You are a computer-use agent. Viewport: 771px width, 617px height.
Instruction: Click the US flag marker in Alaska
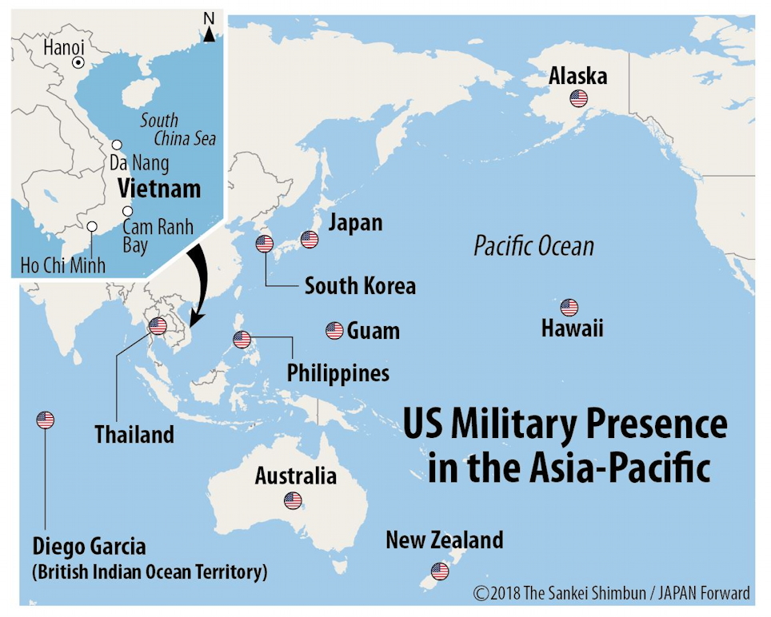tap(578, 99)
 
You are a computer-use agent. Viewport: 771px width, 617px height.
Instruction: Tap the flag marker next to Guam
tap(334, 331)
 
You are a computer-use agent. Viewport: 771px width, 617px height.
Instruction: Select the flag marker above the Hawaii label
tap(569, 308)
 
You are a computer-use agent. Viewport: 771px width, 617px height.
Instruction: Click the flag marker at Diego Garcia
tap(46, 420)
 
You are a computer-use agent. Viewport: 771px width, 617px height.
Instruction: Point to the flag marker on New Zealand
tap(440, 571)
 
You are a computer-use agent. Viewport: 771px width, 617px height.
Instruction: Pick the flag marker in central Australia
tap(293, 501)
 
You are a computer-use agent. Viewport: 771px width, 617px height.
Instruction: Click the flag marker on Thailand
tap(158, 325)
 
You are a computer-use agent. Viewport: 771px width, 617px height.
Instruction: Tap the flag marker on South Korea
tap(265, 245)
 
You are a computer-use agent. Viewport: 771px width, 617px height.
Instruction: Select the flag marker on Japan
tap(310, 239)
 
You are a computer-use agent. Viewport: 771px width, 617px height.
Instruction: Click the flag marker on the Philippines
tap(242, 340)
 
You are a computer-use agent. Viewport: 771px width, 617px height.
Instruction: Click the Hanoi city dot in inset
tap(78, 62)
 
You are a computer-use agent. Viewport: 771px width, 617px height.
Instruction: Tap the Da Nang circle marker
tap(117, 145)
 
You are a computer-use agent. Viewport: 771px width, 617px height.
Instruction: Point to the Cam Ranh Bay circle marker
tap(127, 211)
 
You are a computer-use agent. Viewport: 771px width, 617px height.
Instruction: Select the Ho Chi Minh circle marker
tap(92, 227)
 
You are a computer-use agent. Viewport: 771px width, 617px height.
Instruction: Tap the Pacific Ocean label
tap(533, 245)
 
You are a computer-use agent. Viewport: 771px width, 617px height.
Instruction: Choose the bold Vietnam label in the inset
tap(158, 189)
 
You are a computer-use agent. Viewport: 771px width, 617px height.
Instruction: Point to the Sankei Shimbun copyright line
tap(612, 593)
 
